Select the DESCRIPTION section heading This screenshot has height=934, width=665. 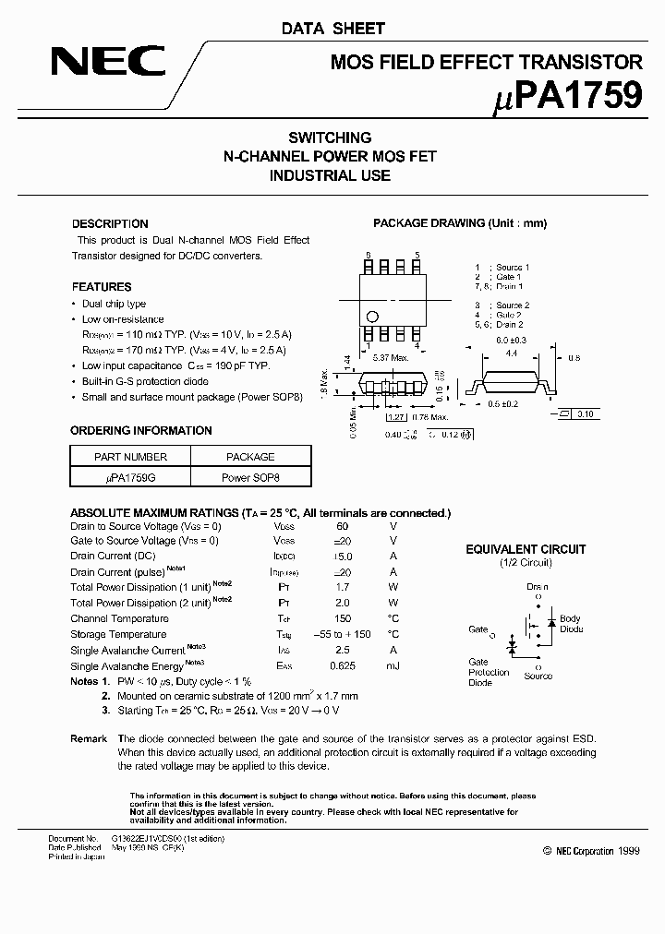point(110,224)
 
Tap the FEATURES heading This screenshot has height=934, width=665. point(102,287)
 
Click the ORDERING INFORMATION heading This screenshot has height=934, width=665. point(141,431)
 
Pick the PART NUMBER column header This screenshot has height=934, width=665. point(130,457)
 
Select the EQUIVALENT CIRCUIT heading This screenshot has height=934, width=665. point(526,549)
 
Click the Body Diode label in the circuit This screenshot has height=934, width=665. point(571,624)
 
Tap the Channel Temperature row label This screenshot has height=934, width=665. point(119,618)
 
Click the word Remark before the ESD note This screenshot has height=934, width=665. point(89,739)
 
